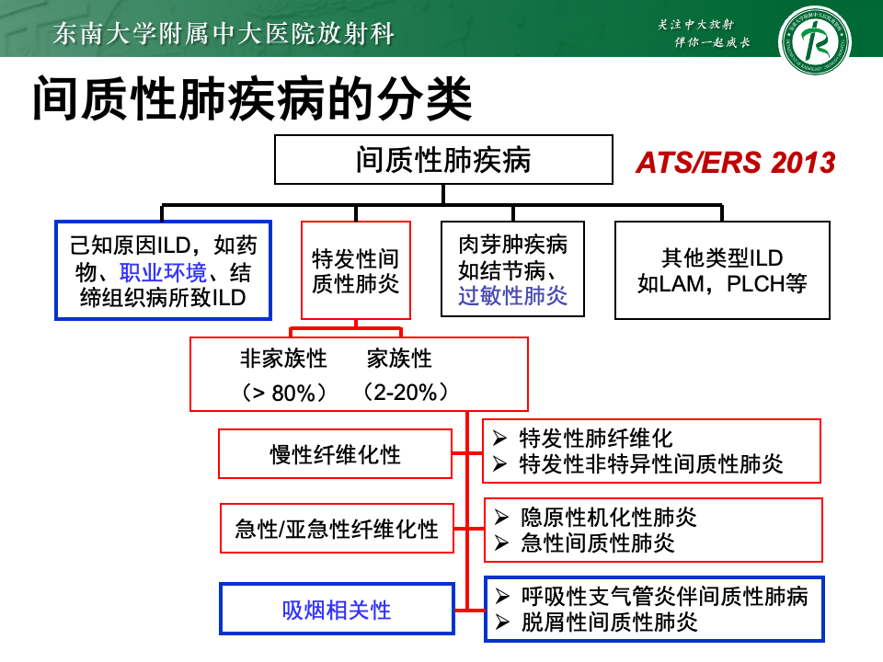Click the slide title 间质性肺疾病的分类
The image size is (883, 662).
click(x=252, y=100)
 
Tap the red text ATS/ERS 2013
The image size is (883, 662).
click(x=735, y=163)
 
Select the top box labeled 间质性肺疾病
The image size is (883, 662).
click(x=443, y=160)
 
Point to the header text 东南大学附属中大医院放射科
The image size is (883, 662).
click(x=224, y=35)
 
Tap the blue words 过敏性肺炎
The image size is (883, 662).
click(x=512, y=295)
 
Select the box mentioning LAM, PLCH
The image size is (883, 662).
click(x=721, y=270)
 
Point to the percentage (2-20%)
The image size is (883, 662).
click(x=407, y=393)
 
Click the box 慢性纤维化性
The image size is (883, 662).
click(x=335, y=454)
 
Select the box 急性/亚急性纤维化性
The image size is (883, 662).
click(x=337, y=529)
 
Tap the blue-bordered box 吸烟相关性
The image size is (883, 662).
click(x=337, y=609)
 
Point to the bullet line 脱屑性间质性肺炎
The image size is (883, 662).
click(x=609, y=622)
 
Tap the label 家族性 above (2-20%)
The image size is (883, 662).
click(x=399, y=359)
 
